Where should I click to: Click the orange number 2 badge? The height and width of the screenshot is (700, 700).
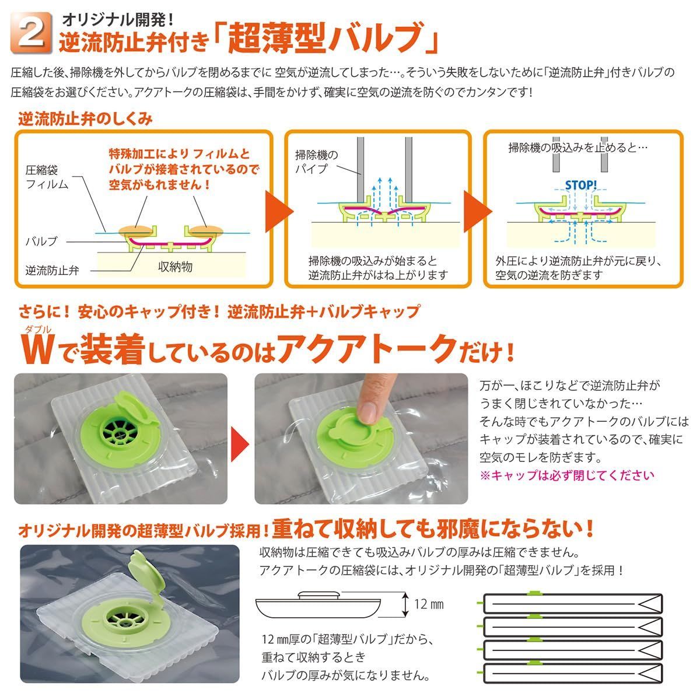pyautogui.click(x=32, y=33)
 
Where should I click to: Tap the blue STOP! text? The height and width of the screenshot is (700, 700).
pyautogui.click(x=580, y=185)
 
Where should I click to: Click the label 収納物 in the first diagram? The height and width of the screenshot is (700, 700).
pyautogui.click(x=175, y=267)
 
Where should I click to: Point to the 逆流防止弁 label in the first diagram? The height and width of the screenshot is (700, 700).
pyautogui.click(x=52, y=270)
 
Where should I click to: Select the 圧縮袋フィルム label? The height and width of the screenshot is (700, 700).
pyautogui.click(x=47, y=177)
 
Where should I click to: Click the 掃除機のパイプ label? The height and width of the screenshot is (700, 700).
pyautogui.click(x=316, y=162)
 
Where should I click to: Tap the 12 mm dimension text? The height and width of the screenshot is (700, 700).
pyautogui.click(x=429, y=604)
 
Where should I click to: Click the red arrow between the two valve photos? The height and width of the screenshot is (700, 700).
pyautogui.click(x=240, y=443)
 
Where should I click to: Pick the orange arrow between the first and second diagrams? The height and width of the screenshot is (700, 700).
pyautogui.click(x=279, y=211)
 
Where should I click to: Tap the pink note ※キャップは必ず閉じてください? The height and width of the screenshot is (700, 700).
pyautogui.click(x=566, y=475)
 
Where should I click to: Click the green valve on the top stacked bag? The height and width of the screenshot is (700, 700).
pyautogui.click(x=533, y=593)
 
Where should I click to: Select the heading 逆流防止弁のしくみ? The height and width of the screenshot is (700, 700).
pyautogui.click(x=85, y=119)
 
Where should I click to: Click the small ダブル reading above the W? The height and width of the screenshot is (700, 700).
pyautogui.click(x=38, y=330)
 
